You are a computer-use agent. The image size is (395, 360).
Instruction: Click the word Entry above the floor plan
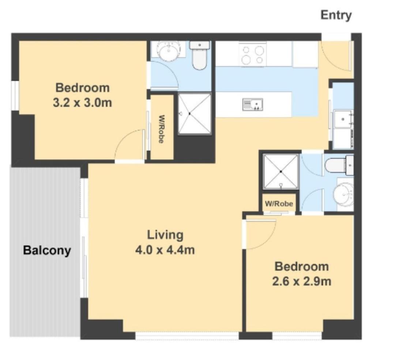(x=336, y=15)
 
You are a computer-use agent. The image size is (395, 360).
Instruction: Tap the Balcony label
(x=47, y=250)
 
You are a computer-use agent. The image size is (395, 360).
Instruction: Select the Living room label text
(x=165, y=235)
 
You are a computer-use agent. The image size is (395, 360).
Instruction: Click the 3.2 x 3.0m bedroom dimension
(x=82, y=103)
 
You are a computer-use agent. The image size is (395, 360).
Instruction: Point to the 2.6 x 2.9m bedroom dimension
(x=301, y=281)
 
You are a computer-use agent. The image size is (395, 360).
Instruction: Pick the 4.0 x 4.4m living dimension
(x=165, y=250)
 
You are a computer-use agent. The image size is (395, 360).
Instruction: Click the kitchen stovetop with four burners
(x=253, y=54)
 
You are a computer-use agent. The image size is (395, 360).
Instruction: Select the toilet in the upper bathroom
(x=200, y=56)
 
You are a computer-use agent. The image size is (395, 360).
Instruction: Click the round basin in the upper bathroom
(x=168, y=51)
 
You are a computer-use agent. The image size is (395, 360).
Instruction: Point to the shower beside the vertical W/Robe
(x=195, y=114)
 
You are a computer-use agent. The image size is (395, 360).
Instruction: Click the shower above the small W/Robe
(x=281, y=172)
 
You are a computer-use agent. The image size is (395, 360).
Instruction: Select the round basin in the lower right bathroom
(x=343, y=194)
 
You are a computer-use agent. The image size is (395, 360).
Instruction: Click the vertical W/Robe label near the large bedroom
(x=162, y=129)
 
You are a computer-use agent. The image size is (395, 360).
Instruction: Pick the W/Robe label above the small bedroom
(x=279, y=204)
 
